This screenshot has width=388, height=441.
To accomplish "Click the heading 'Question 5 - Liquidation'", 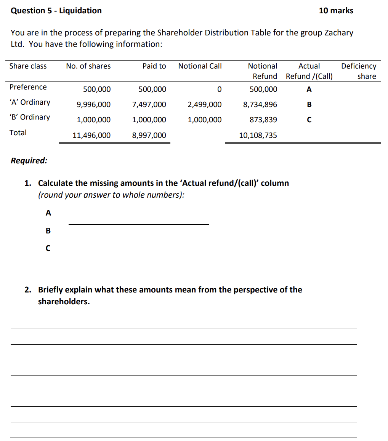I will pyautogui.click(x=56, y=11).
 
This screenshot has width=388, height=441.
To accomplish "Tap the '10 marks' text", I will pyautogui.click(x=336, y=11).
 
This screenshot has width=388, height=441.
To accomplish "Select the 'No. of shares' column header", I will pyautogui.click(x=88, y=66).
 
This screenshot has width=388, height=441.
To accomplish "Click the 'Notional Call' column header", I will pyautogui.click(x=200, y=66).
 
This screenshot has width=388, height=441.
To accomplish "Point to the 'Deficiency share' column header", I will pyautogui.click(x=359, y=71).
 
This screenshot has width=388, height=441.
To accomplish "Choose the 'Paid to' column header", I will pyautogui.click(x=154, y=66).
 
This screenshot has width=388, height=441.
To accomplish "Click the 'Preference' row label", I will pyautogui.click(x=28, y=87).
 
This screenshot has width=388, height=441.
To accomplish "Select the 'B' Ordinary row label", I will pyautogui.click(x=30, y=117).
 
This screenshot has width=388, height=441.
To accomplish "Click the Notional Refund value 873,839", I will pyautogui.click(x=263, y=120).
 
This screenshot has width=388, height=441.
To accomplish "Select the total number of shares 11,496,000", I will pyautogui.click(x=92, y=136).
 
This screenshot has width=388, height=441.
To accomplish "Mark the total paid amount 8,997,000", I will pyautogui.click(x=149, y=136).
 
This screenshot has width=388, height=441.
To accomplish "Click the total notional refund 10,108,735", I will pyautogui.click(x=258, y=136).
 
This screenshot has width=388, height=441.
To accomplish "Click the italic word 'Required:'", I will pyautogui.click(x=29, y=161).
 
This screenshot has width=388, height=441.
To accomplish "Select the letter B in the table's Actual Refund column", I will pyautogui.click(x=309, y=105).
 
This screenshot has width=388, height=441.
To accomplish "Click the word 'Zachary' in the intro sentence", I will pyautogui.click(x=338, y=33).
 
